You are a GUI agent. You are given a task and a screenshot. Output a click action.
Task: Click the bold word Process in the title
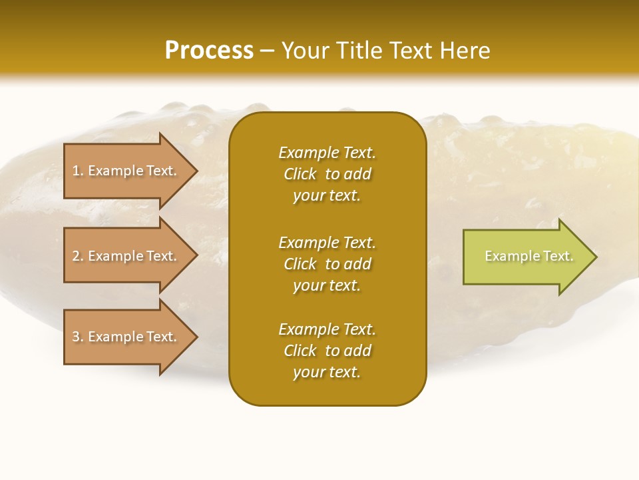click(209, 51)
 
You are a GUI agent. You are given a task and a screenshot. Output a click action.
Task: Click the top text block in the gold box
click(327, 174)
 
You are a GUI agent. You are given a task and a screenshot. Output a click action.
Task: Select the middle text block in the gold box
click(327, 264)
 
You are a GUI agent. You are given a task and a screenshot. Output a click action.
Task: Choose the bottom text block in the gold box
click(327, 351)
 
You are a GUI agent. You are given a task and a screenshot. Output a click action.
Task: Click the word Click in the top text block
click(300, 174)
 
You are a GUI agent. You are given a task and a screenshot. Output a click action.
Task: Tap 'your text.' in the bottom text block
click(327, 372)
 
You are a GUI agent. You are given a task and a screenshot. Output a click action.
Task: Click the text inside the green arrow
click(529, 256)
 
